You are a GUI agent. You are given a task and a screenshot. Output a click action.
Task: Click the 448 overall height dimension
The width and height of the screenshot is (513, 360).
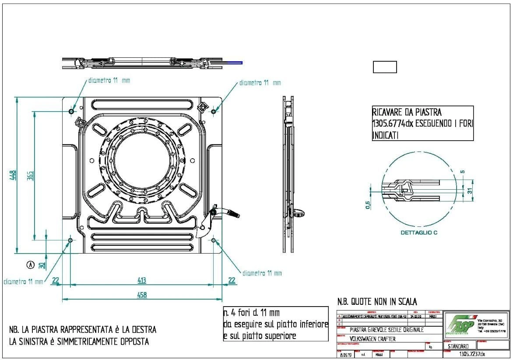coord(13,175)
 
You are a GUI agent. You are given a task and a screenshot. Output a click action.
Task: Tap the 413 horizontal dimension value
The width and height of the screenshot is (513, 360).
coord(142,280)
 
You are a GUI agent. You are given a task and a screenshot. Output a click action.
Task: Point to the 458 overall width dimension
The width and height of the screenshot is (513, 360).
coord(142,295)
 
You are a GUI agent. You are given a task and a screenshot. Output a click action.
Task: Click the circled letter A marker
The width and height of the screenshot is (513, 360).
coord(30,265)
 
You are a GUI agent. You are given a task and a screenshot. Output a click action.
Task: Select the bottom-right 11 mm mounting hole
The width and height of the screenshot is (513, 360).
coord(213,240)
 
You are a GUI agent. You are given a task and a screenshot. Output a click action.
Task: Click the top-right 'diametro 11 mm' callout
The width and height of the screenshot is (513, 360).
coord(260,82)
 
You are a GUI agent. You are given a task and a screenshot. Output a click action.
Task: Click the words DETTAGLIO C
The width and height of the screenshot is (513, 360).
coord(419,233)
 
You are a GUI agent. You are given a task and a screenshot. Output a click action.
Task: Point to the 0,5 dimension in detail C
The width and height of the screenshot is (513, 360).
coord(368,205)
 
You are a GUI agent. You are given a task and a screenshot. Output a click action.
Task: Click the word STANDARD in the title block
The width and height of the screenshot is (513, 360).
coord(459,346)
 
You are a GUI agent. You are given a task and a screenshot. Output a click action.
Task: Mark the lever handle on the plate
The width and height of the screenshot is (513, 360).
coord(232,213)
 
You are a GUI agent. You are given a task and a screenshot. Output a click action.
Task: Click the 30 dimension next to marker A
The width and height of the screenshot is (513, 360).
coord(42,265)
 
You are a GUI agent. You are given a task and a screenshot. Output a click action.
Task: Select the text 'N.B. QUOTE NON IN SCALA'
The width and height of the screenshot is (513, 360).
coord(377,302)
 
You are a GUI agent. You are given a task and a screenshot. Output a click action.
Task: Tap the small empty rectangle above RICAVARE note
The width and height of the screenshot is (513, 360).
coord(385,67)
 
